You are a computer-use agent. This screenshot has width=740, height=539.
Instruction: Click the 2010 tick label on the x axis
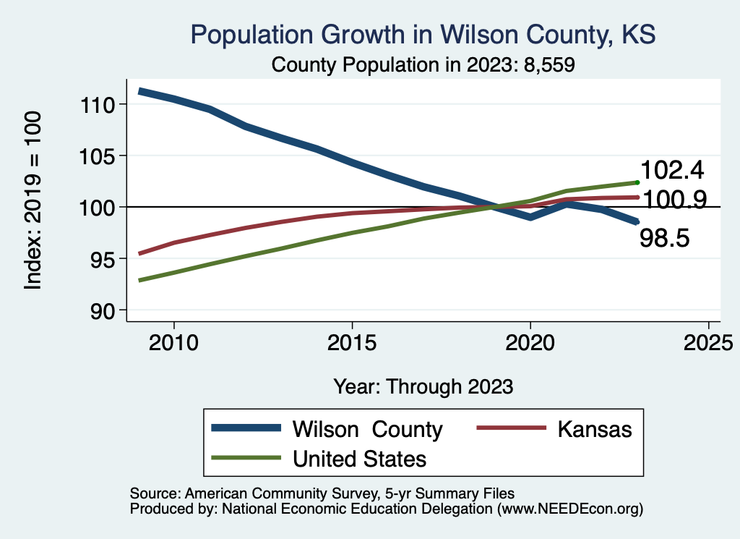pos(173,341)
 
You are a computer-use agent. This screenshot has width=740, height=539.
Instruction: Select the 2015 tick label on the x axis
pos(352,341)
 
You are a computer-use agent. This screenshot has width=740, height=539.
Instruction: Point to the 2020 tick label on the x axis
pos(530,341)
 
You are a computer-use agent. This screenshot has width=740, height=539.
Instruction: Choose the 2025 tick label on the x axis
pos(708,341)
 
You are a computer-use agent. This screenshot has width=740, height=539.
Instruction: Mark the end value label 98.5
pos(667,237)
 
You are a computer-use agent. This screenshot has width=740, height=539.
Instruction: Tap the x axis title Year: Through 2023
pos(423,386)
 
